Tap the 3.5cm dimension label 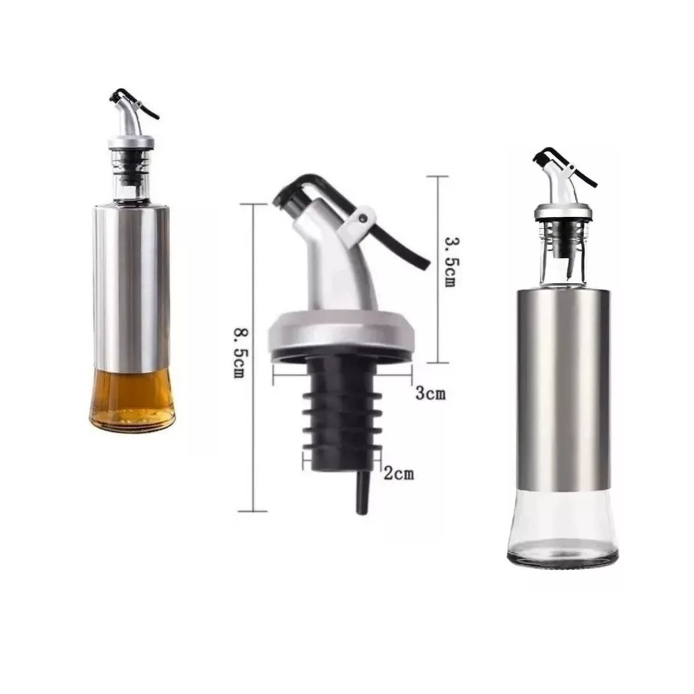point(449,262)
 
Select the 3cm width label point(430,393)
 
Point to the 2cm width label point(398,473)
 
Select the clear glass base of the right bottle point(562,533)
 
